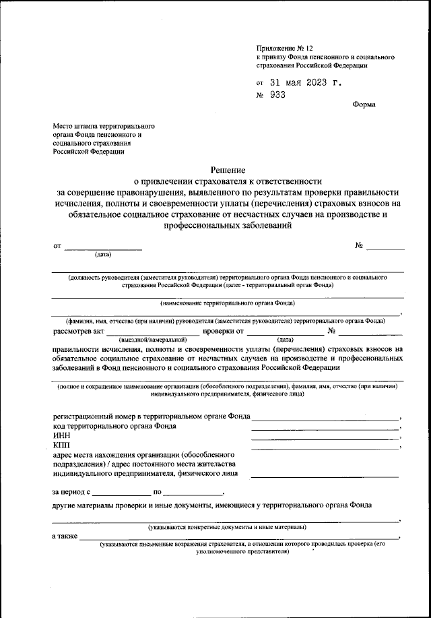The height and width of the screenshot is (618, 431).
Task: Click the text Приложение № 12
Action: [x=285, y=49]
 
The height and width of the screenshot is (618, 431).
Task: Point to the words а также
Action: [x=64, y=536]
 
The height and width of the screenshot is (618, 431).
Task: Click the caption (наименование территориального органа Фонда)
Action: [x=227, y=304]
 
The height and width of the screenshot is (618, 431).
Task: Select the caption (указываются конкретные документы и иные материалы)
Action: [x=227, y=526]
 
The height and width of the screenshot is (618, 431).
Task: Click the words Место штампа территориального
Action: [x=104, y=126]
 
